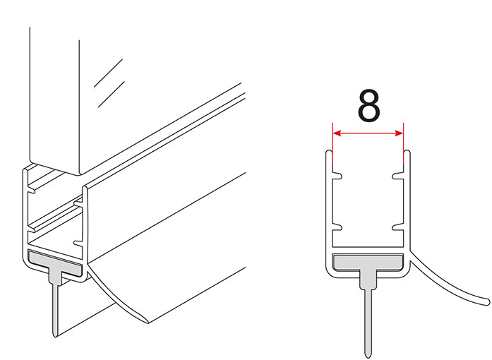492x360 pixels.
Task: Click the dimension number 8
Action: click(x=368, y=106)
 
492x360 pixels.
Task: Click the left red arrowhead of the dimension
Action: click(x=337, y=133)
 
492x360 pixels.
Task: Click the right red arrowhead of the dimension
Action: click(x=399, y=133)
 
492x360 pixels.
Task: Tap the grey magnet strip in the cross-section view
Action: click(x=368, y=263)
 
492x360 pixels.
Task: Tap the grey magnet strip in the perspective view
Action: click(x=55, y=261)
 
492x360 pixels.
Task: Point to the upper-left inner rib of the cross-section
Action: click(x=337, y=176)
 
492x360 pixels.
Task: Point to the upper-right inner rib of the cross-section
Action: click(x=399, y=176)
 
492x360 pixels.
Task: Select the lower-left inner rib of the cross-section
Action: click(x=337, y=228)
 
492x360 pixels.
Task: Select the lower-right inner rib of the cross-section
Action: click(x=399, y=228)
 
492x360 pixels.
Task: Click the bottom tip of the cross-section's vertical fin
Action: click(x=368, y=357)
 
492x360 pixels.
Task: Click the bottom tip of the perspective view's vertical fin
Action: click(x=55, y=337)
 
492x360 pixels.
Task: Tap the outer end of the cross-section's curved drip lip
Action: click(x=488, y=302)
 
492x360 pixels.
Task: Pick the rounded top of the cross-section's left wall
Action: click(x=328, y=152)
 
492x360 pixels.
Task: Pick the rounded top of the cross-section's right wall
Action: click(x=407, y=152)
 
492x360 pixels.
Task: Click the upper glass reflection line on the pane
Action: click(x=108, y=73)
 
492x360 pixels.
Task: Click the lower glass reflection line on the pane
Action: click(x=112, y=94)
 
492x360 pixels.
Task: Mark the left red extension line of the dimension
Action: click(x=332, y=143)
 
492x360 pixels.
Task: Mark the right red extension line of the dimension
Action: click(x=403, y=143)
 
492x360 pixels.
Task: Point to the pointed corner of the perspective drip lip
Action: click(x=148, y=323)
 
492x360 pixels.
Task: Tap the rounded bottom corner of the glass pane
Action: click(x=80, y=172)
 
